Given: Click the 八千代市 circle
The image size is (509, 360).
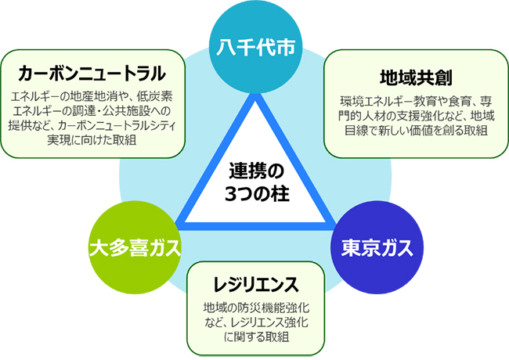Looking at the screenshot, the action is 255,48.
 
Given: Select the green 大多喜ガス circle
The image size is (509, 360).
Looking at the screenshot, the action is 135,248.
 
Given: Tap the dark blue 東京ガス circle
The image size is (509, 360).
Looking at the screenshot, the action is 377,248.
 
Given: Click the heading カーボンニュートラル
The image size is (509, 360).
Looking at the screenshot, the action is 92,74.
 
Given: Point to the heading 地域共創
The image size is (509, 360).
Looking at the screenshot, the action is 416,77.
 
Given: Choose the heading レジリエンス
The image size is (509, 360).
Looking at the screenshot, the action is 256,285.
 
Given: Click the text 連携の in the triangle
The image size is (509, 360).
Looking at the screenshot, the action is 256,171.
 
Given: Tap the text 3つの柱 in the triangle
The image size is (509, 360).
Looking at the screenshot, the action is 257,194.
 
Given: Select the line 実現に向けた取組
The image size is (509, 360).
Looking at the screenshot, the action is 92,140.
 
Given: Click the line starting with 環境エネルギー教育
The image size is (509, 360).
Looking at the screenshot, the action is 416,102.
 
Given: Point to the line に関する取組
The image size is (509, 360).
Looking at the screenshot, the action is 256,337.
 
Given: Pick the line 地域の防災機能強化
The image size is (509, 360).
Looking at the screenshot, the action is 256,307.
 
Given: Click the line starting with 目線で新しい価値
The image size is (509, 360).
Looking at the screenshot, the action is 416,131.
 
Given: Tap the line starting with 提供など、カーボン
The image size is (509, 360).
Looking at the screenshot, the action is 92,125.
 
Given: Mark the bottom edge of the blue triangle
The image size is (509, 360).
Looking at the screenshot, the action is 255,226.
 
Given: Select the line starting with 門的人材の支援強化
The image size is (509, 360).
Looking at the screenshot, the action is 416,116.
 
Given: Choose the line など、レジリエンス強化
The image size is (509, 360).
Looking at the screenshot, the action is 256,322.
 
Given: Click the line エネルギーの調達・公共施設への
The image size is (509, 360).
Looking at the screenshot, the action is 92,111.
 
